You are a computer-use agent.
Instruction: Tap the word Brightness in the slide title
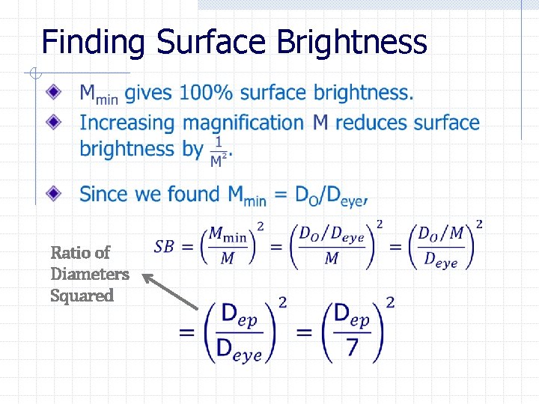point(352,43)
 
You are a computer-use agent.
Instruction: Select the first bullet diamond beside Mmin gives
point(53,92)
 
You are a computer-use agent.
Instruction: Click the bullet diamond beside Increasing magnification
point(53,120)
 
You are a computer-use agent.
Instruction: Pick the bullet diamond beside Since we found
point(53,193)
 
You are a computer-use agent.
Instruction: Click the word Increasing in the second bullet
point(128,122)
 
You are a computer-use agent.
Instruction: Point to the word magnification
point(243,122)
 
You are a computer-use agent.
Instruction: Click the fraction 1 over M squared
point(219,151)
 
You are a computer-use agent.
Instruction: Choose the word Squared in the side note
point(82,296)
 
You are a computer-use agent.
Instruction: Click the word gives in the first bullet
point(148,94)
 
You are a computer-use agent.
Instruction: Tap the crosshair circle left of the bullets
point(34,73)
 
